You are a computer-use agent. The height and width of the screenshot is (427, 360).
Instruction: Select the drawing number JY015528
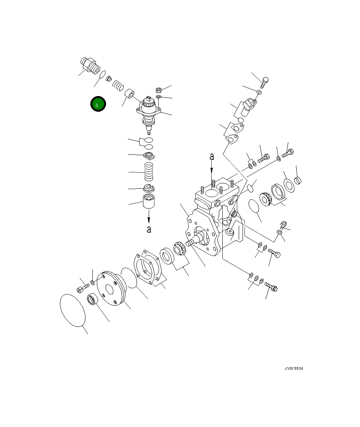tap(294, 369)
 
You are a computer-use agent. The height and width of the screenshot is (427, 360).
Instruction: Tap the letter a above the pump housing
tap(212, 156)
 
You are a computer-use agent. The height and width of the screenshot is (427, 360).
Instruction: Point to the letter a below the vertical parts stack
tap(149, 230)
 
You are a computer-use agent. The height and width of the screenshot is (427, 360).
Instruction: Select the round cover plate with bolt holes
tap(111, 288)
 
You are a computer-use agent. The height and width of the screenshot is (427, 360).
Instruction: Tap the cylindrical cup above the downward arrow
tap(149, 201)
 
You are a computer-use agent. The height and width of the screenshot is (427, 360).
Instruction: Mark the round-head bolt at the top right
tap(265, 80)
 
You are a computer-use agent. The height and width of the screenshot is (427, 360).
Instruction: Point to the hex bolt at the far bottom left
tap(81, 289)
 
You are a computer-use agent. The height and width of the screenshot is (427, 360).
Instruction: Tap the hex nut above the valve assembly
tap(159, 90)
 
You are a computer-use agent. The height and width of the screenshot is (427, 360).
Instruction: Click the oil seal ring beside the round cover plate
tap(93, 300)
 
